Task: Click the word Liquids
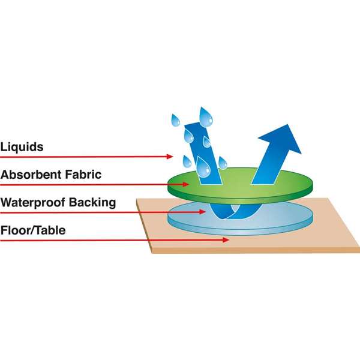click(22, 147)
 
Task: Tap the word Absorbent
click(31, 175)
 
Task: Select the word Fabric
click(83, 175)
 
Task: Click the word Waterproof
click(32, 203)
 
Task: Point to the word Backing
click(92, 203)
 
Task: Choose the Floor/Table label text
click(33, 230)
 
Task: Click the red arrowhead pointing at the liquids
click(170, 157)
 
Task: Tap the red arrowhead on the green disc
click(186, 184)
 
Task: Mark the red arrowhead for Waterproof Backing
click(202, 212)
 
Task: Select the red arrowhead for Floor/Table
click(226, 240)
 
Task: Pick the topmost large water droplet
click(206, 117)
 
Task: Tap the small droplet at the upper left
click(175, 121)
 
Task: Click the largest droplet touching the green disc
click(203, 167)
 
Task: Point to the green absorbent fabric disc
click(240, 186)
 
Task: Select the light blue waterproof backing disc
click(240, 218)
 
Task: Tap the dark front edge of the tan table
click(256, 250)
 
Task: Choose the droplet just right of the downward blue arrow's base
click(223, 163)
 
